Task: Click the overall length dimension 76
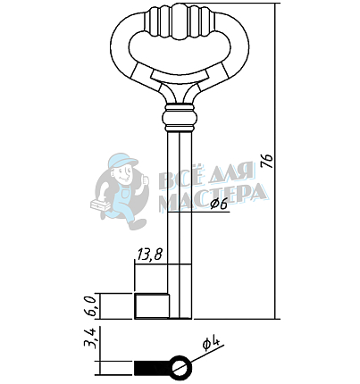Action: (x=268, y=162)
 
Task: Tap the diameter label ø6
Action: (x=219, y=205)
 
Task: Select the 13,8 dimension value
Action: (x=150, y=255)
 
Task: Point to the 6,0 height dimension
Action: (x=91, y=306)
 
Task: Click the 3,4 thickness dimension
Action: (x=90, y=338)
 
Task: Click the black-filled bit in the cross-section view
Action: (x=152, y=368)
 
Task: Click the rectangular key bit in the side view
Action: (x=152, y=306)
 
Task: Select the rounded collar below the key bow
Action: (x=180, y=118)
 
